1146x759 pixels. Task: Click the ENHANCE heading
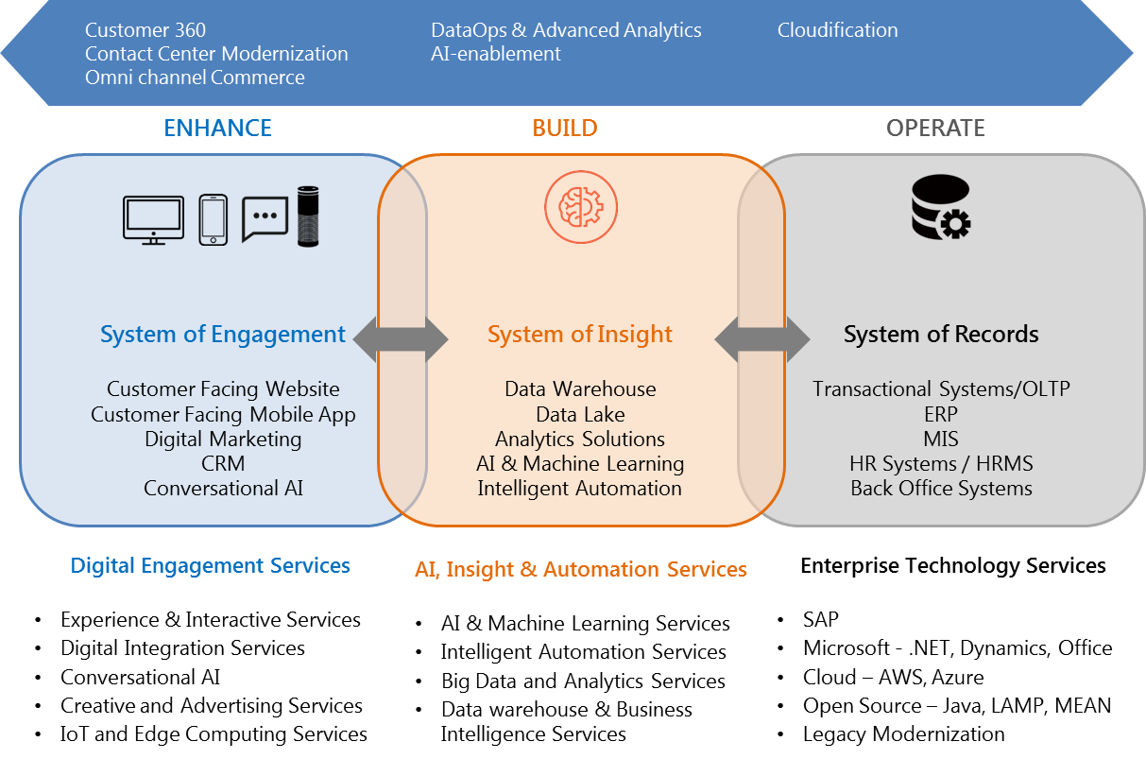(x=217, y=129)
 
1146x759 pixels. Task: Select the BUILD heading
(x=565, y=129)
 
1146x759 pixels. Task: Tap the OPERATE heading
(x=935, y=129)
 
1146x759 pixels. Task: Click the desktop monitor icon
(x=153, y=220)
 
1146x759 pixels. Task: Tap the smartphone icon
(x=213, y=220)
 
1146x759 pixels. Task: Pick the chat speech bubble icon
(x=265, y=218)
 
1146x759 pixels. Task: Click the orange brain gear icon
(x=580, y=206)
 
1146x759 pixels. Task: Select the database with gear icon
(x=940, y=207)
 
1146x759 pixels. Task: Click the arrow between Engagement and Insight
(x=401, y=337)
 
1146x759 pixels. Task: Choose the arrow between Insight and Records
(x=761, y=337)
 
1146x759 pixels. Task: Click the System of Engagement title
(x=223, y=335)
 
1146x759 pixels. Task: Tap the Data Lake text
(x=580, y=414)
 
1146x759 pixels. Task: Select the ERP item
(x=941, y=414)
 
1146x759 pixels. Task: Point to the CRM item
(x=223, y=463)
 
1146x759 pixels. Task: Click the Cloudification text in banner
(x=837, y=30)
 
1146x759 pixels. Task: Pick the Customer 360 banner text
(x=145, y=30)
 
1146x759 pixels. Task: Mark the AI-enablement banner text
(x=495, y=54)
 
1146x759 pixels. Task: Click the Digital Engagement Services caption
(x=210, y=566)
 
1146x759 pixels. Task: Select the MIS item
(x=941, y=439)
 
